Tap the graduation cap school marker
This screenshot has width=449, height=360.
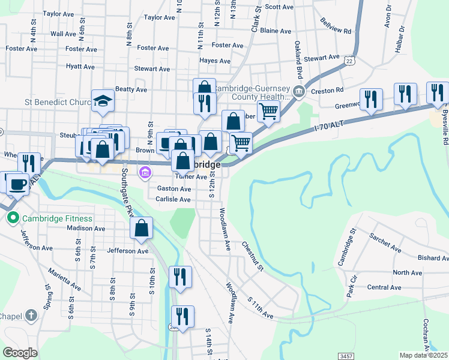point(103,101)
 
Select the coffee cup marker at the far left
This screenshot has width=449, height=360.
point(17,183)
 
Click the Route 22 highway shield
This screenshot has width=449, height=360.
point(349,61)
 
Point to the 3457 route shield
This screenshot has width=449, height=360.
point(346,356)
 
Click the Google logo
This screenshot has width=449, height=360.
point(20,353)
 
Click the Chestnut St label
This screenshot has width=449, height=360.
point(252,255)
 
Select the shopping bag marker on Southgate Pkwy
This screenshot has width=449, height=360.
point(142,228)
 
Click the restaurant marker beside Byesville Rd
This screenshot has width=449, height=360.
point(438,93)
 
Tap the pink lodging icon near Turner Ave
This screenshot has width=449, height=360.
point(143,174)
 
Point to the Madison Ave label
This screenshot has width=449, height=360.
point(86,228)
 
